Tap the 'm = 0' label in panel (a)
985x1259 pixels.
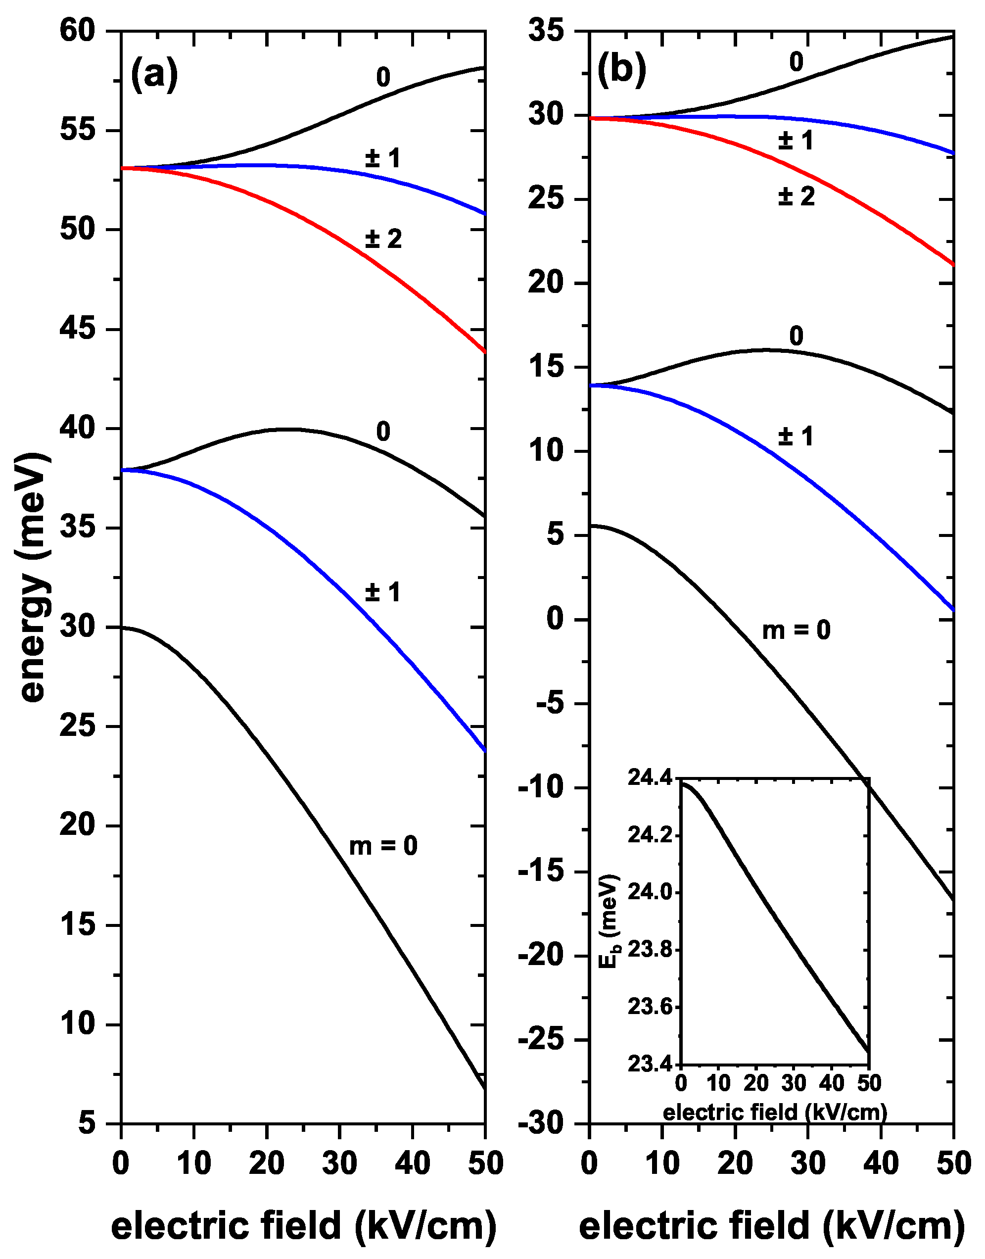[383, 846]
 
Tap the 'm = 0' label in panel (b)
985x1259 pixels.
[796, 630]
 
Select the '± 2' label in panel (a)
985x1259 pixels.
[383, 239]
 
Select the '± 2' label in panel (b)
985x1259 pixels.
[796, 196]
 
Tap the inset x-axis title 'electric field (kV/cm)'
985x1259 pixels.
[775, 1112]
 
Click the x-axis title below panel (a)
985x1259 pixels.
[303, 1225]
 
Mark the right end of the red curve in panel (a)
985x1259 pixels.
[484, 351]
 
